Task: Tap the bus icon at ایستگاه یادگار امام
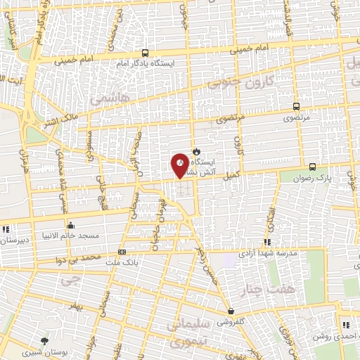pyautogui.click(x=145, y=53)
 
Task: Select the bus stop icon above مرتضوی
pyautogui.click(x=296, y=108)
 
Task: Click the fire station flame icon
pyautogui.click(x=196, y=150)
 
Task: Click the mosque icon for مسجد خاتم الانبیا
pyautogui.click(x=70, y=226)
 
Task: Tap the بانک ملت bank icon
pyautogui.click(x=122, y=252)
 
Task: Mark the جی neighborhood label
pyautogui.click(x=68, y=280)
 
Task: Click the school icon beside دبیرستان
pyautogui.click(x=6, y=229)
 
